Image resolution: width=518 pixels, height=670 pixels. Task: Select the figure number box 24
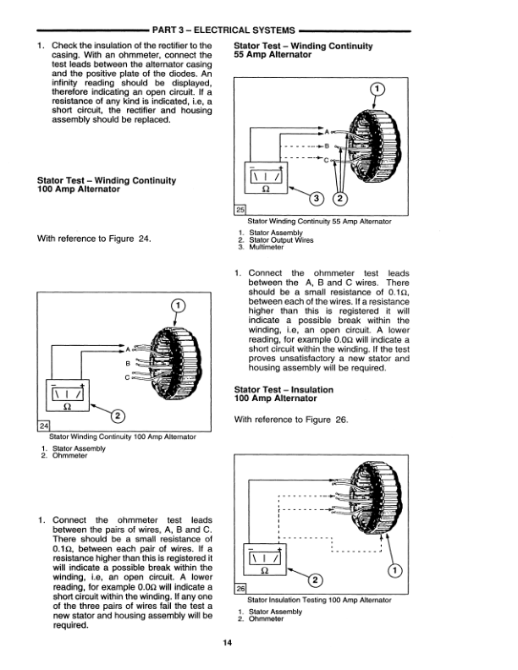45,425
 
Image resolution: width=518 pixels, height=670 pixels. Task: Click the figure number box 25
239,211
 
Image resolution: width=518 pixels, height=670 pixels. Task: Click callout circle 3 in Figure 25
315,199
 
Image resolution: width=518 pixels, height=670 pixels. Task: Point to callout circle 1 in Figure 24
177,305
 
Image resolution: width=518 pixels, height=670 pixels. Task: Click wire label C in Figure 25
326,159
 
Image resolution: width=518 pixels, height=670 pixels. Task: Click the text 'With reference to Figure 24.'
95,238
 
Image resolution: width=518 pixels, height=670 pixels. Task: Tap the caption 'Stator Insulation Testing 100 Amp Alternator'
318,600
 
